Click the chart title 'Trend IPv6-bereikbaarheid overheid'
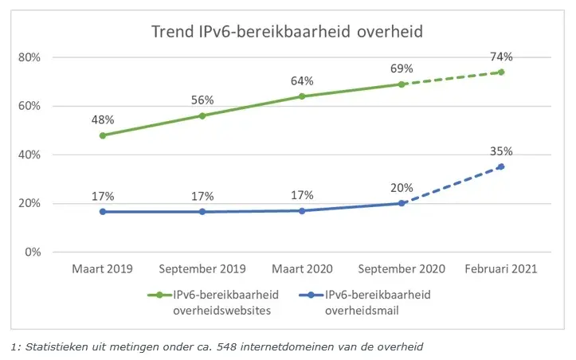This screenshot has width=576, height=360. click(287, 32)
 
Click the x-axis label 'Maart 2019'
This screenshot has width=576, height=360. click(102, 269)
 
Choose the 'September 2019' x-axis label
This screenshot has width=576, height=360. click(202, 269)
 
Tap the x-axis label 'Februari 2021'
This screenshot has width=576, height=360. click(501, 269)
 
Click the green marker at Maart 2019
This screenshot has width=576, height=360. click(102, 135)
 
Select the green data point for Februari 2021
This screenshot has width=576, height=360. click(501, 72)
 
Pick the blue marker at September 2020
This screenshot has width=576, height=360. click(402, 203)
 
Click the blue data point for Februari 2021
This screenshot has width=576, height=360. click(501, 166)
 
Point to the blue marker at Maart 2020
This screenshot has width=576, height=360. click(302, 210)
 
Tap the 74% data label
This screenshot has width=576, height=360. click(501, 57)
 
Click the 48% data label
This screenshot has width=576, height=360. click(102, 119)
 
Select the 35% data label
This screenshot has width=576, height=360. click(501, 151)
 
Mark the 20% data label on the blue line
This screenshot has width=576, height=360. click(402, 188)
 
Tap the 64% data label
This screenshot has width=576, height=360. click(302, 80)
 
